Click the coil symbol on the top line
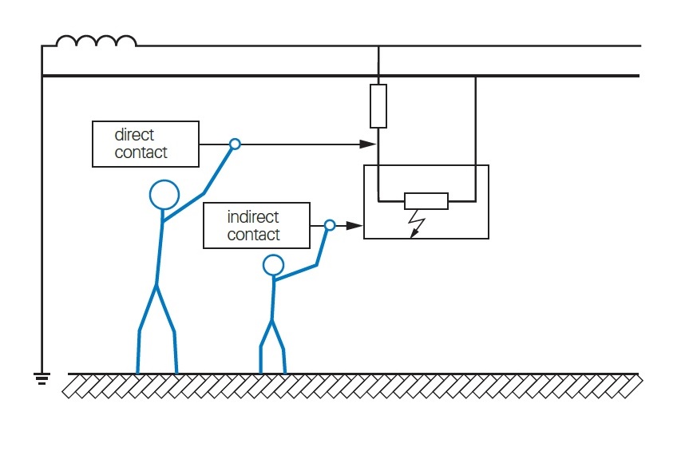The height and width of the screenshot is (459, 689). (x=96, y=41)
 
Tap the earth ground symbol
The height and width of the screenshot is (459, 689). (x=42, y=378)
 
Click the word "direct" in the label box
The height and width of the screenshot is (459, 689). (x=134, y=135)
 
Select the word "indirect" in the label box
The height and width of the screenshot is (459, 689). (x=253, y=217)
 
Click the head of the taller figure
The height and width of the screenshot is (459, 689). (x=164, y=195)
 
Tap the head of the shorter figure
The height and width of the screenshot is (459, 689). (x=274, y=264)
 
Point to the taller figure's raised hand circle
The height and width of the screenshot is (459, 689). (x=235, y=144)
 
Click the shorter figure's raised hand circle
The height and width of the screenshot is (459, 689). (x=330, y=225)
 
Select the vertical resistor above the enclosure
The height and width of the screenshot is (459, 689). (x=378, y=105)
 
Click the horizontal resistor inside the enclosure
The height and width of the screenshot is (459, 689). (x=426, y=200)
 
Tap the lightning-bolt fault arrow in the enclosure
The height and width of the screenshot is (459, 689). (x=416, y=224)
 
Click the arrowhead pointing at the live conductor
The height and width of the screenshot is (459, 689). (x=368, y=144)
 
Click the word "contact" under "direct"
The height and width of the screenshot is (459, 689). (x=141, y=152)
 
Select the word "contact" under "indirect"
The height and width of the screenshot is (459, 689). (x=253, y=235)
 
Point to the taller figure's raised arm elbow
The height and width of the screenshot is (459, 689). (x=204, y=193)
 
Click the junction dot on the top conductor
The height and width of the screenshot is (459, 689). (x=378, y=47)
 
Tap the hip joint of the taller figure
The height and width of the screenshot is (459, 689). (x=156, y=284)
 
